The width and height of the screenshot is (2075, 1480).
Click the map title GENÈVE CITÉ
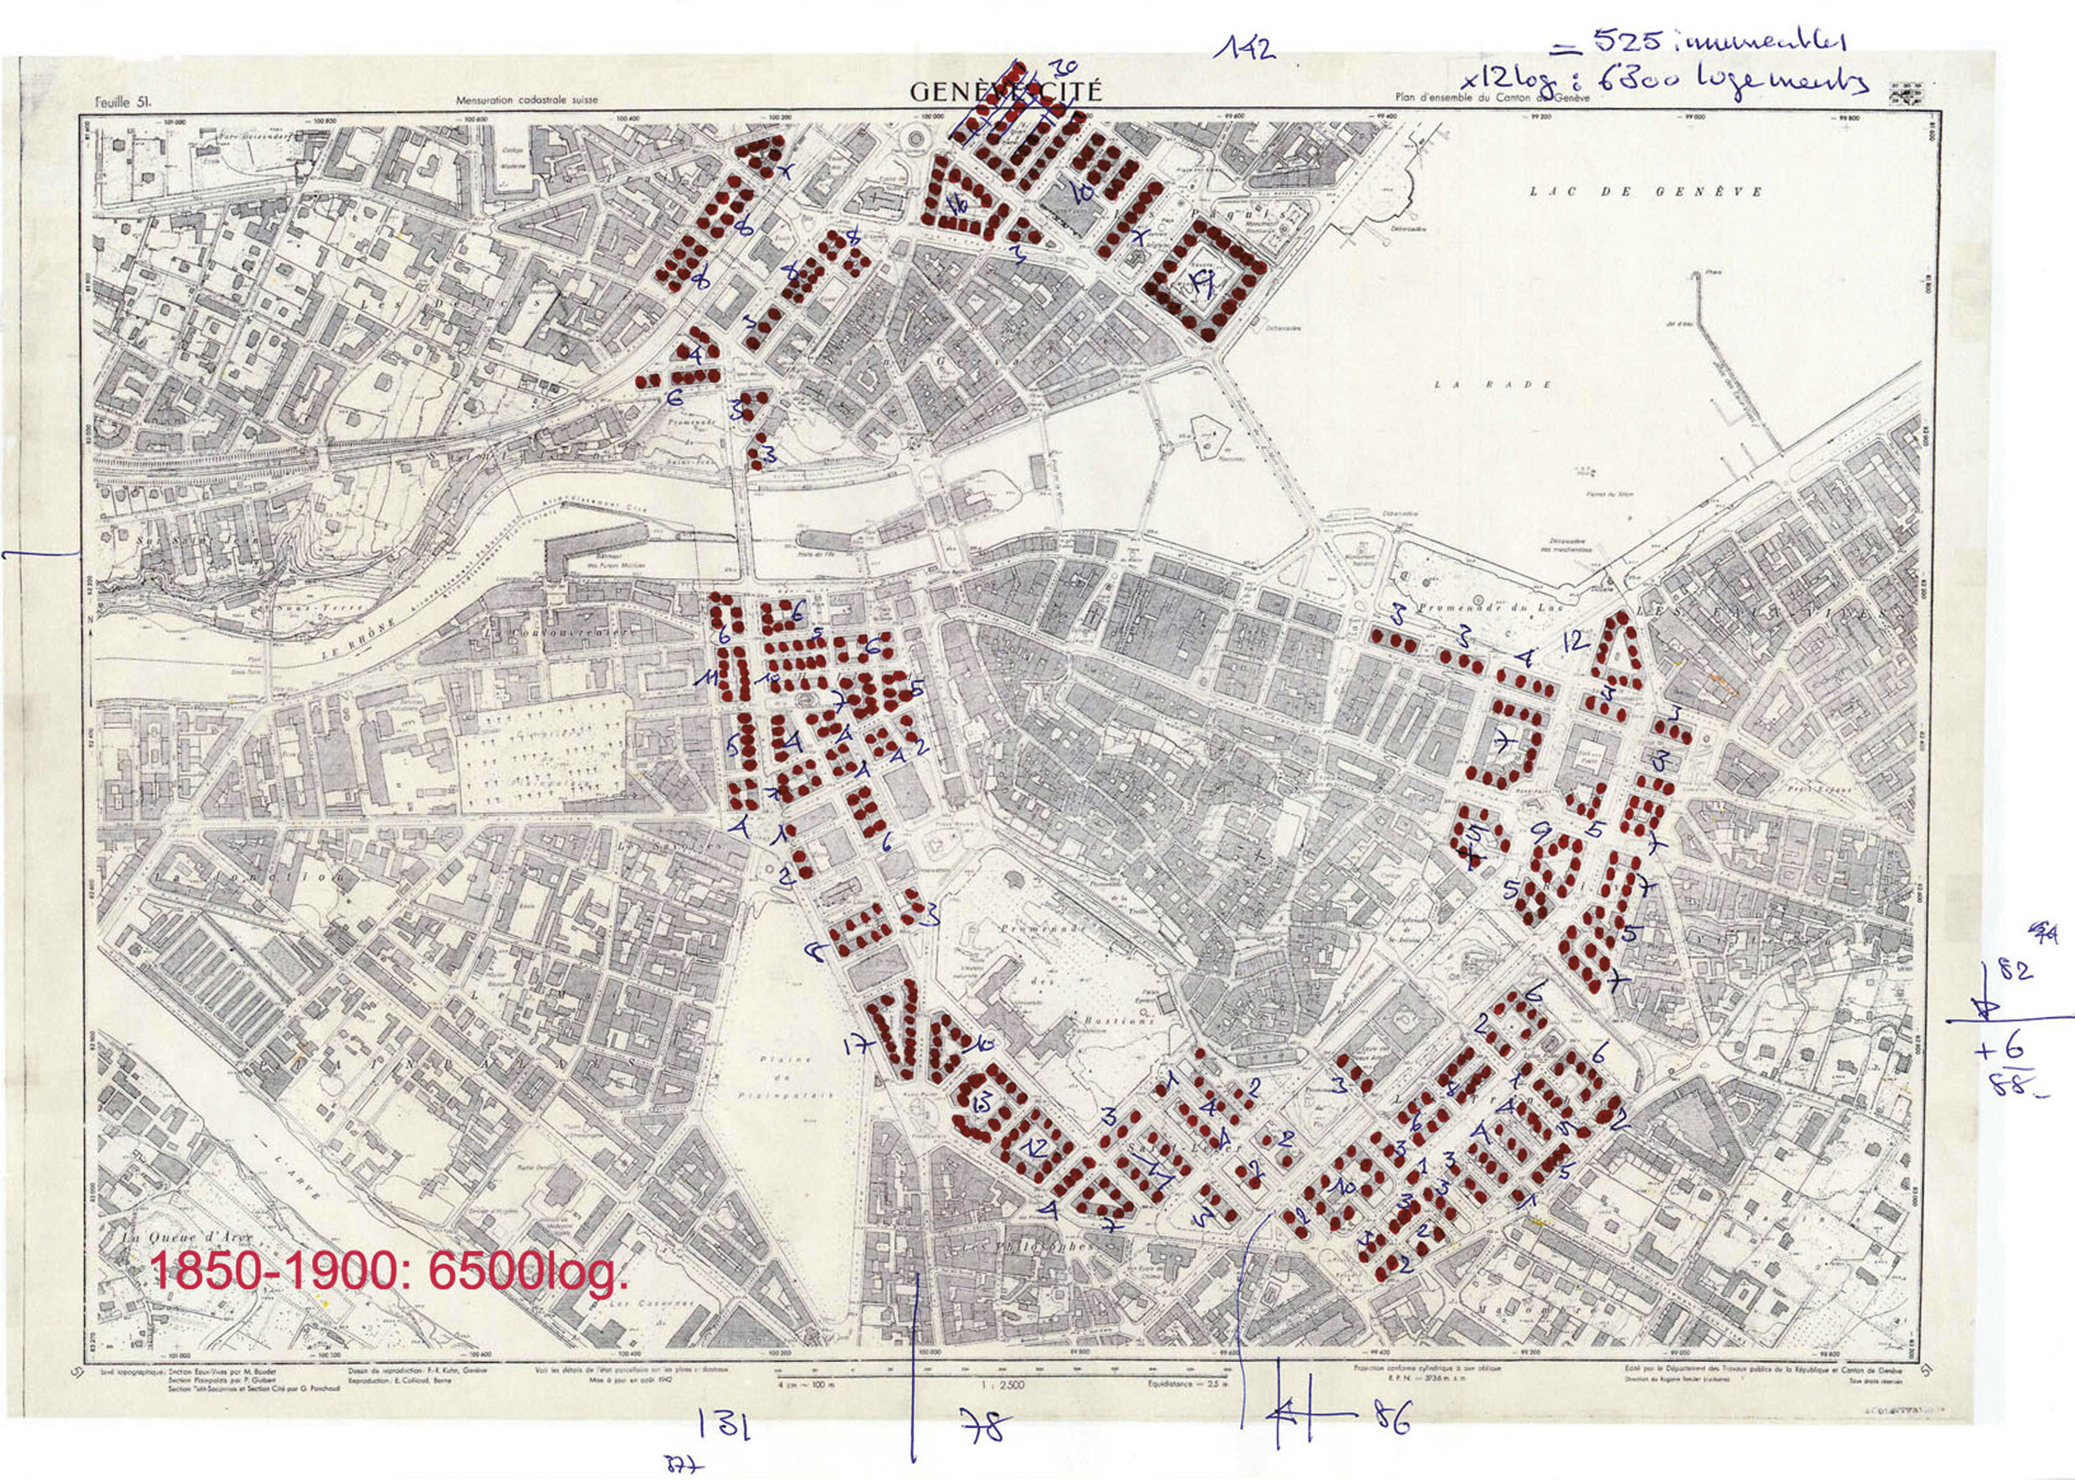(1005, 92)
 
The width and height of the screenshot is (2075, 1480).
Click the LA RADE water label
(1492, 384)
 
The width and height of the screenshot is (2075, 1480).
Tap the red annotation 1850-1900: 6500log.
(389, 1272)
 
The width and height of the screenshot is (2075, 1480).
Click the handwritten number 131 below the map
(724, 1425)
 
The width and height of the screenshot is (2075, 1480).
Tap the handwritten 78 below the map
(984, 1426)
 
